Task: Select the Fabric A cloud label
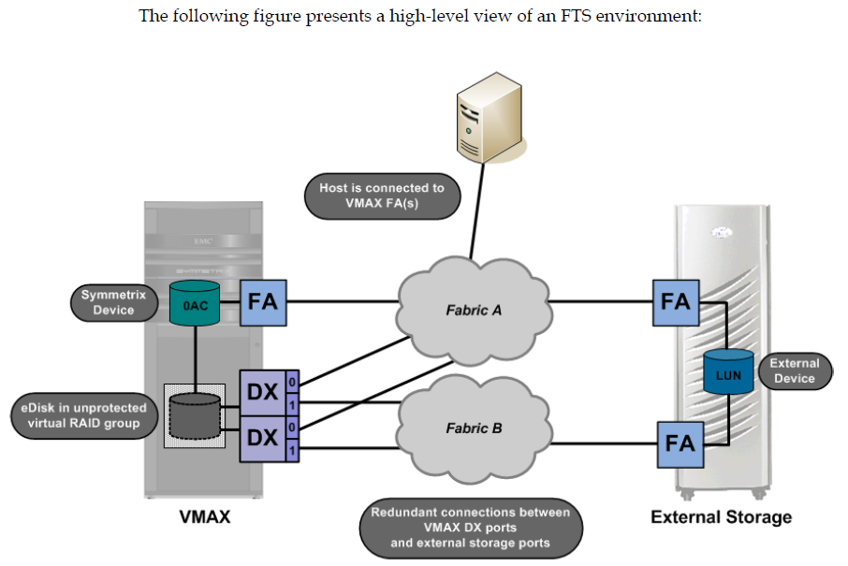(x=474, y=310)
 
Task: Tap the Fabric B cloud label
(x=474, y=428)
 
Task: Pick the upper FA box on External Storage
(x=676, y=301)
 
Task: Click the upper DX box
(x=263, y=392)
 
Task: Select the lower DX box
(x=263, y=437)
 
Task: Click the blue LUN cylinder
(x=729, y=373)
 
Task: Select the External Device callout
(x=794, y=370)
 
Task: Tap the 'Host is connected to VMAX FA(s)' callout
(x=381, y=196)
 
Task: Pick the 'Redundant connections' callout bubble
(x=470, y=527)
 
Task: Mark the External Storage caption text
(x=721, y=516)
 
